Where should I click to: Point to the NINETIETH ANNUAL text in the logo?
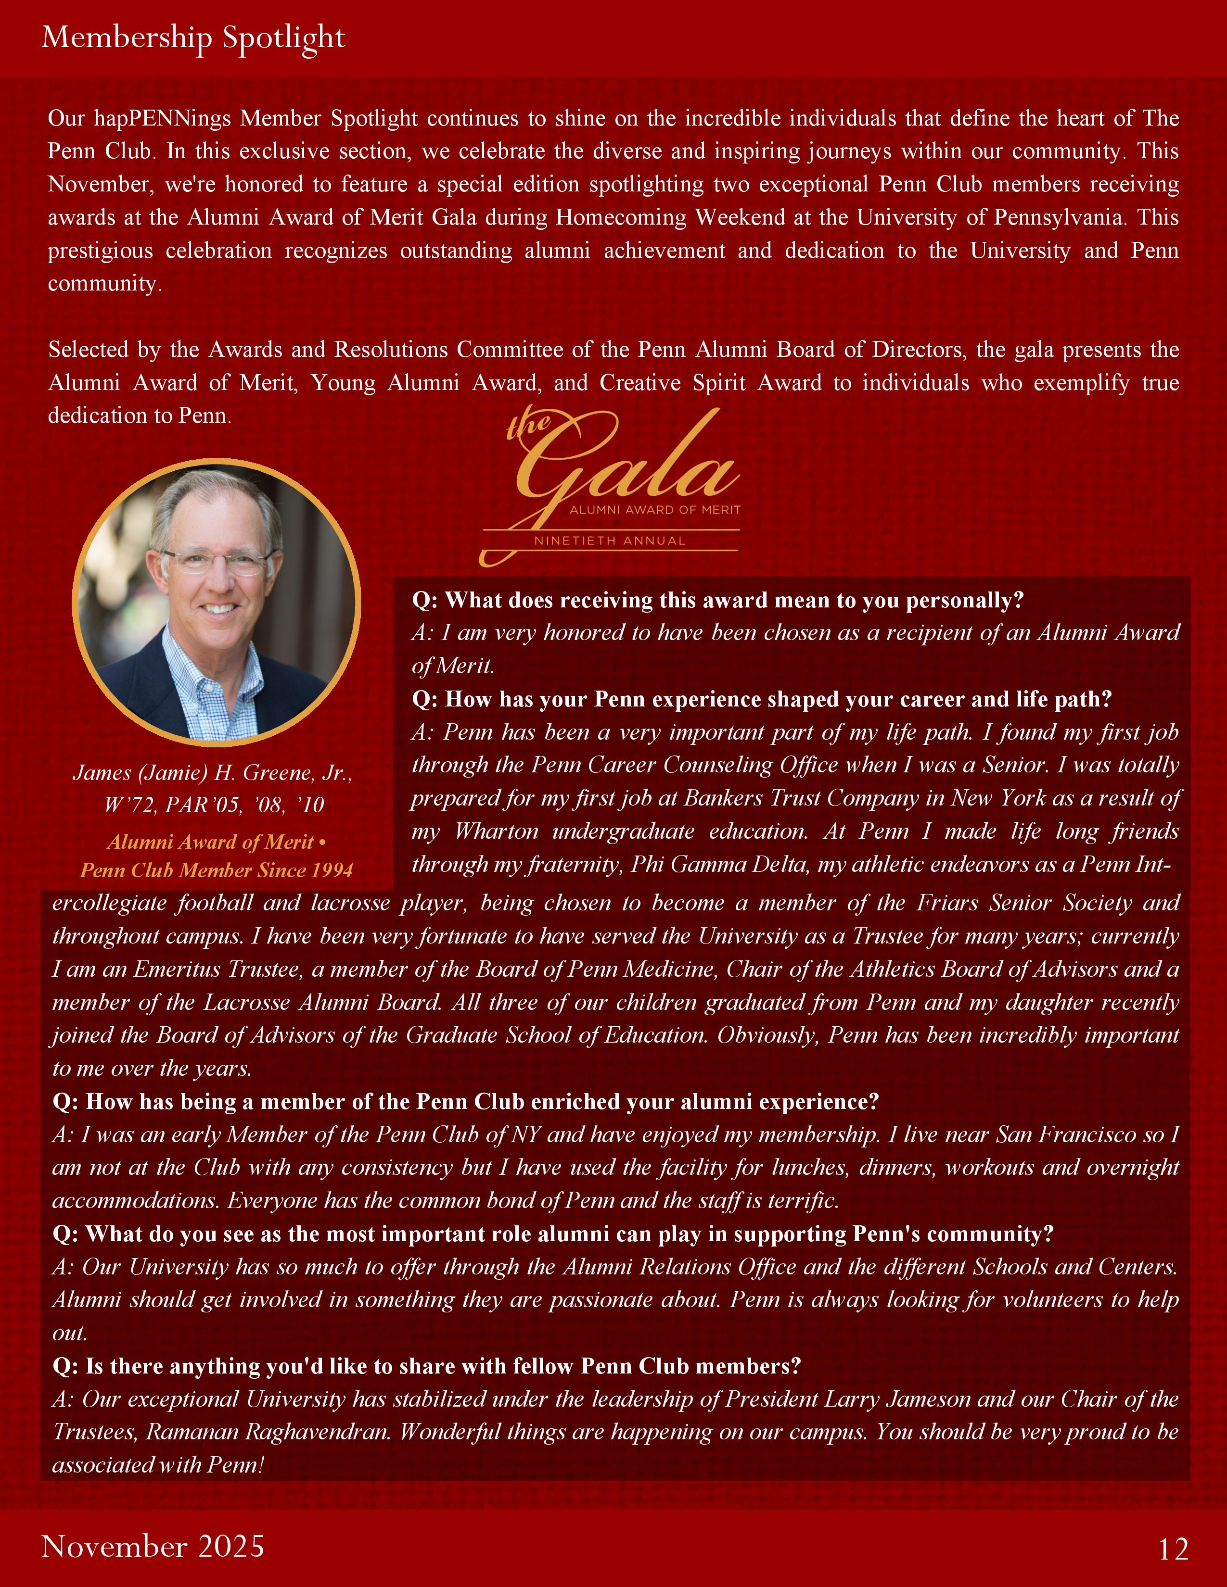(x=609, y=541)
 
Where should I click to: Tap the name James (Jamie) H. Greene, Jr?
(x=212, y=772)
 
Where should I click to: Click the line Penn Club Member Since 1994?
(x=216, y=870)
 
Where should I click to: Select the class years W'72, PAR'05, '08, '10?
(x=215, y=805)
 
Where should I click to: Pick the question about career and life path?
(x=762, y=699)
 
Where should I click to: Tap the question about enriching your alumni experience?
(x=465, y=1102)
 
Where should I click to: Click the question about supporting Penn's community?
(x=552, y=1234)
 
